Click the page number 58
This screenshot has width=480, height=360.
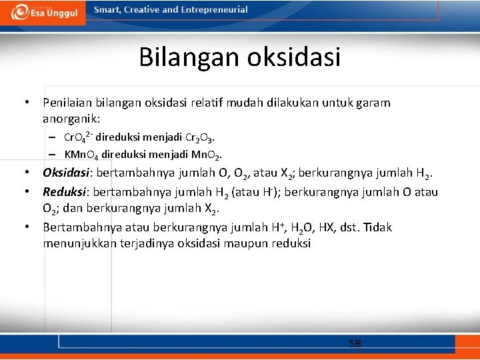coord(355,344)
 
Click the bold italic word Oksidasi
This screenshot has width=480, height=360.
coord(67,173)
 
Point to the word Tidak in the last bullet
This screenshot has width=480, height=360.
coord(377,227)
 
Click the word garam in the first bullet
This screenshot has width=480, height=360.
coord(374,103)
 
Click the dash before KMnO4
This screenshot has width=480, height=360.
coord(51,154)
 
